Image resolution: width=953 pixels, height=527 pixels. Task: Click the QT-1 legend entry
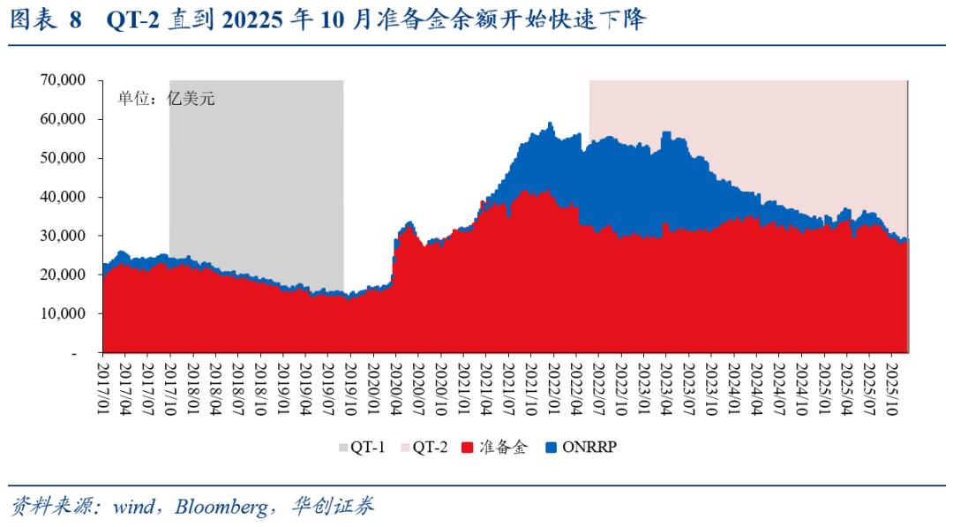tap(361, 447)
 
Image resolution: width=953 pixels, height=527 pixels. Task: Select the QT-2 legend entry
tap(424, 447)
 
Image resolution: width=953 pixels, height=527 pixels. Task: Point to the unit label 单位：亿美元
tap(167, 98)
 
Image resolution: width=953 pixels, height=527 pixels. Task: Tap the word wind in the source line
tap(133, 507)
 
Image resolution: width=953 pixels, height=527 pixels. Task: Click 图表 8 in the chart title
tap(44, 20)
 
